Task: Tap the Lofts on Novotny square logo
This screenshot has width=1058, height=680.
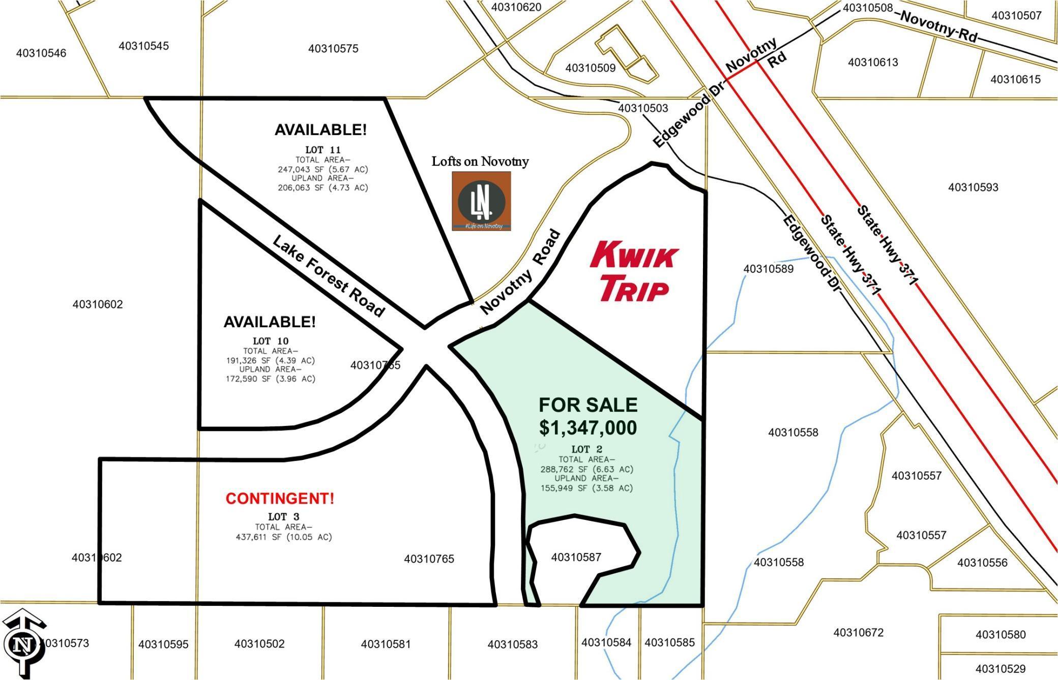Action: pos(481,201)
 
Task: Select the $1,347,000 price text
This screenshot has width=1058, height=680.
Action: pos(588,428)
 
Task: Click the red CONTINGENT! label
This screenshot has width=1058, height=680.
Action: pos(280,499)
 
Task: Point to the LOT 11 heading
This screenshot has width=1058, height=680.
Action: pos(322,150)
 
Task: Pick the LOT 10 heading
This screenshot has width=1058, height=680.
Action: pos(271,341)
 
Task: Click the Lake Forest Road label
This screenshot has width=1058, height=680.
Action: pos(329,275)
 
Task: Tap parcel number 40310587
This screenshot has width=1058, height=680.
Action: pos(576,558)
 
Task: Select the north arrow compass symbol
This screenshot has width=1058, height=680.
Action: pos(23,643)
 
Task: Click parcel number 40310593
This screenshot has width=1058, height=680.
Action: pos(973,188)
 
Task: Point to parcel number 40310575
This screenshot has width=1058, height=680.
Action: pos(333,49)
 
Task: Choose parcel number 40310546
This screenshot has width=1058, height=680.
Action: pos(41,53)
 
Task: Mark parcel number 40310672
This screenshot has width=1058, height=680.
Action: pos(858,633)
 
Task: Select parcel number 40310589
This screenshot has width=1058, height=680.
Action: pos(768,269)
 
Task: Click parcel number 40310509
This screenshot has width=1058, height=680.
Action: pos(590,68)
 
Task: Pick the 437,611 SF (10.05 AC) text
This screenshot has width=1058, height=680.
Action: pos(283,537)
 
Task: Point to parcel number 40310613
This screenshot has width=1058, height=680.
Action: pos(873,63)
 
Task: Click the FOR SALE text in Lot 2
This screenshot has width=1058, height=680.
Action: pos(588,405)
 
